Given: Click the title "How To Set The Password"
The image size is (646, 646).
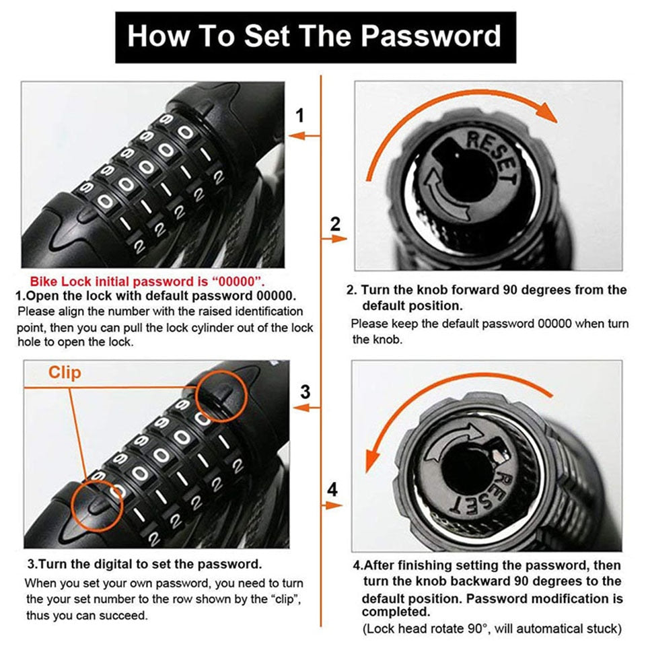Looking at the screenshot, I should pos(315,36).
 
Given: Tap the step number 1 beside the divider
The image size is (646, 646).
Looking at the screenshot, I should pos(300,116).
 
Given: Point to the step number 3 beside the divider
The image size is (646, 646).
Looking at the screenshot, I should pos(305,392).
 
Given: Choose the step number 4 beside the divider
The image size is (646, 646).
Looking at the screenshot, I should pos(332,489).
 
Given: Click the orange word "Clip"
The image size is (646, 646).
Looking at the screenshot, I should pos(65,373).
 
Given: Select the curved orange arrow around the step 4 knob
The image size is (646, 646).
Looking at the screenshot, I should pos(431,410).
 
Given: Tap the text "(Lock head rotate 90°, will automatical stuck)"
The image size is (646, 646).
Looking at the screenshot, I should pos(491,629).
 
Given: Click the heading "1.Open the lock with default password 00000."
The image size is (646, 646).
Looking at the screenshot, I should pos(155,295).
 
